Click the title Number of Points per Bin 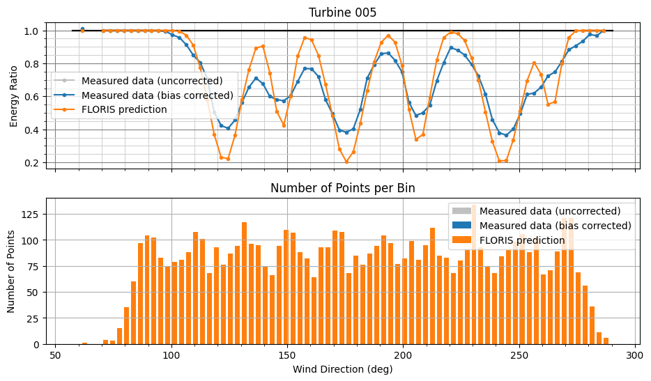342,188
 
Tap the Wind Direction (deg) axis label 342,369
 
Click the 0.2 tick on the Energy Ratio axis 36,163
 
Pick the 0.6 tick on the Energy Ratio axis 36,97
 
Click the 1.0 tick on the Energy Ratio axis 36,31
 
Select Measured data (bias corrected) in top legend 157,95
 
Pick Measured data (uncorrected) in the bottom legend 550,211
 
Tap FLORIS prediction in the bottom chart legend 522,240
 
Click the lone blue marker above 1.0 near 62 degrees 82,29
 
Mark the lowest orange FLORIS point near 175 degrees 346,162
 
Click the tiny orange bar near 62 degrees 84,343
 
